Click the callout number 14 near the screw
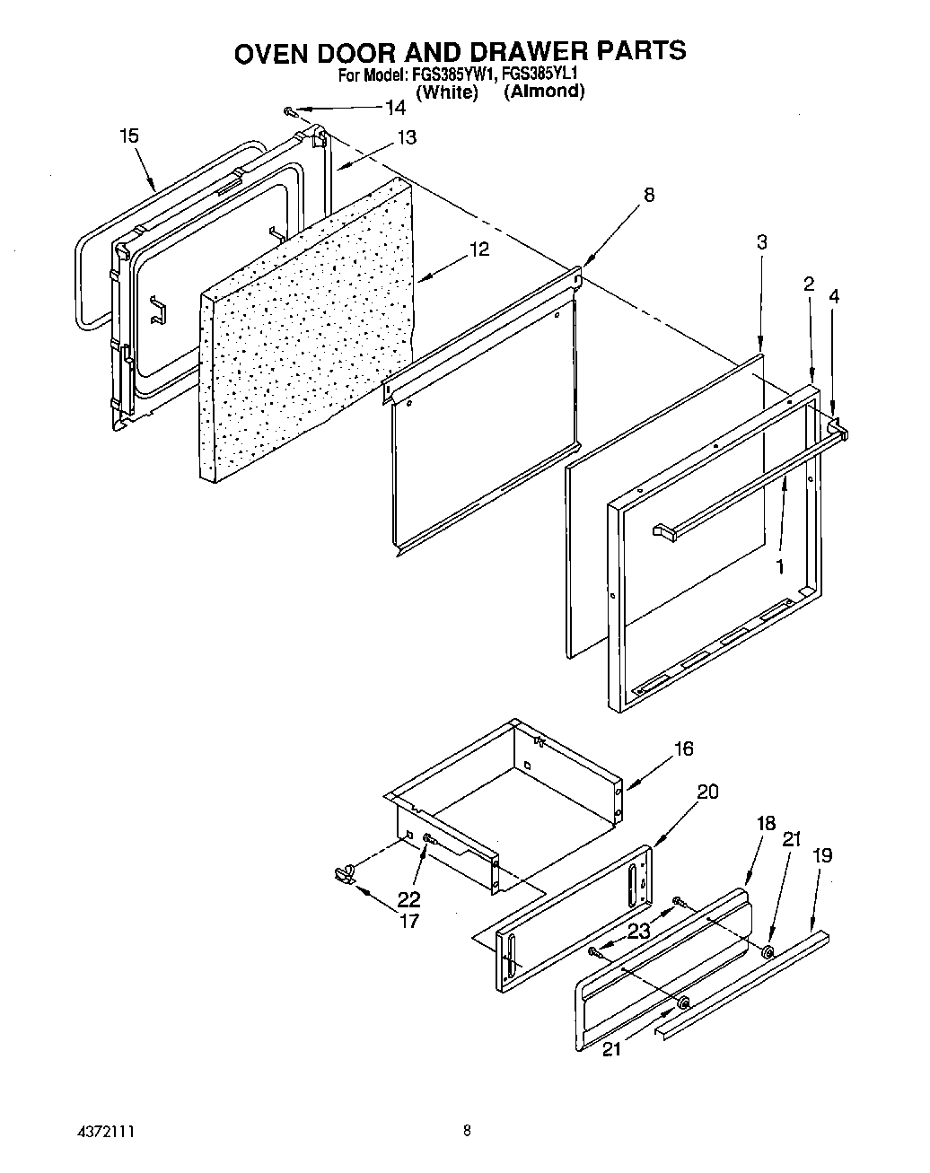395,108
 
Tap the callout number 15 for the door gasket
129,136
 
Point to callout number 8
649,194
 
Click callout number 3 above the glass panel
761,242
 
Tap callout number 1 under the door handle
779,567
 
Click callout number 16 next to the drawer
683,748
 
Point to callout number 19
821,855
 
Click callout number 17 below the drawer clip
408,920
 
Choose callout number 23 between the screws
638,932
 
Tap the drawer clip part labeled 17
342,871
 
